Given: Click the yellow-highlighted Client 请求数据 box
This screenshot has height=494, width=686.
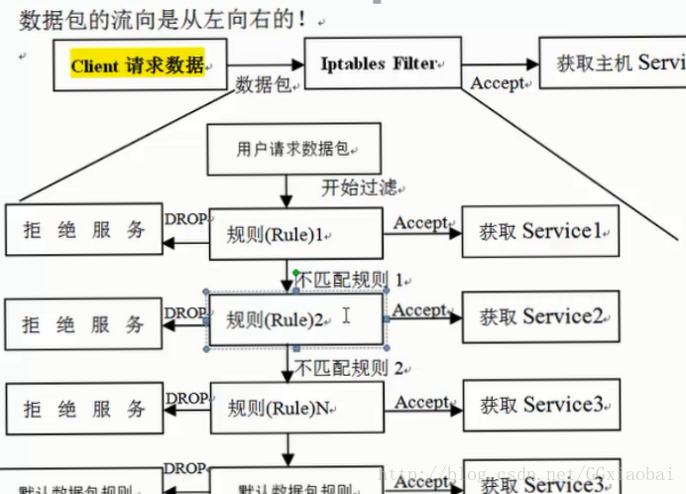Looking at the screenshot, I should pyautogui.click(x=140, y=66).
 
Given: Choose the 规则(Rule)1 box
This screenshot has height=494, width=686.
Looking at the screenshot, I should pyautogui.click(x=295, y=234).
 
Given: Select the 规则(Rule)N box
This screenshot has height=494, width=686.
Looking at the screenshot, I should pyautogui.click(x=295, y=408).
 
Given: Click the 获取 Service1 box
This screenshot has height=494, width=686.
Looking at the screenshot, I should pyautogui.click(x=540, y=232).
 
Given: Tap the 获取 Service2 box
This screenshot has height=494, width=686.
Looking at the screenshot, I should pyautogui.click(x=540, y=317).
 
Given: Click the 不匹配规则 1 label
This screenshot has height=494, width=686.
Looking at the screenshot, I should pyautogui.click(x=347, y=280).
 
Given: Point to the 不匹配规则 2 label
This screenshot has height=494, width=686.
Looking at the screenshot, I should pyautogui.click(x=347, y=369).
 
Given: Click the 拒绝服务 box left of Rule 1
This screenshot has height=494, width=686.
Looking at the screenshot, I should pyautogui.click(x=84, y=231).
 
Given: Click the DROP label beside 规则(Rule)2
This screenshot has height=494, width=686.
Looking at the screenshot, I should pyautogui.click(x=185, y=313).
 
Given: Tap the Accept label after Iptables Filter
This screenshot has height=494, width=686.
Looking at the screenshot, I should pyautogui.click(x=497, y=83).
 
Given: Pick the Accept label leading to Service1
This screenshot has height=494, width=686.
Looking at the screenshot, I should pyautogui.click(x=420, y=222).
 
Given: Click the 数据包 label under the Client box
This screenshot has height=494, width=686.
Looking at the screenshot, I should pyautogui.click(x=264, y=86).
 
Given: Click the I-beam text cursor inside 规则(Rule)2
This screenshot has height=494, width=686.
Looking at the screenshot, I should pyautogui.click(x=346, y=315).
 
